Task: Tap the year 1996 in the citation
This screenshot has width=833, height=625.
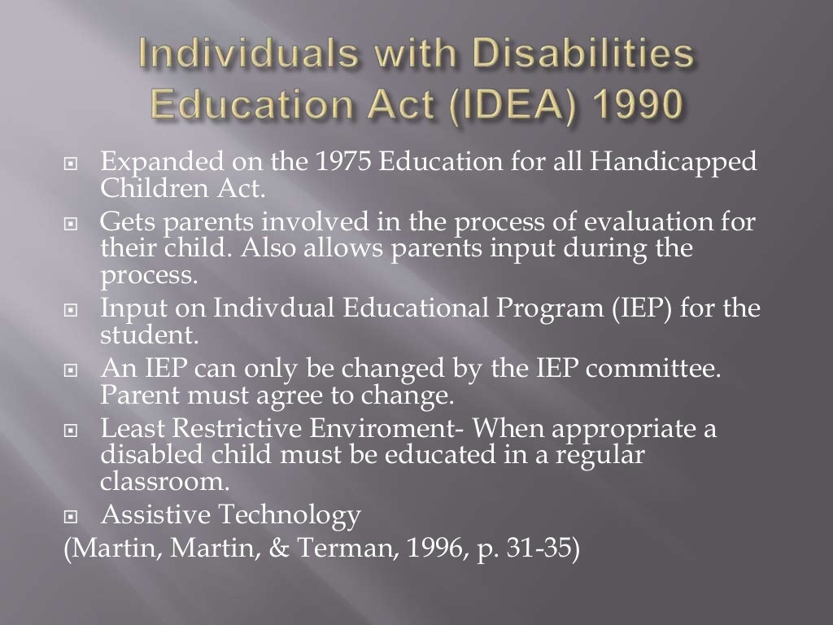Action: (x=431, y=548)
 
